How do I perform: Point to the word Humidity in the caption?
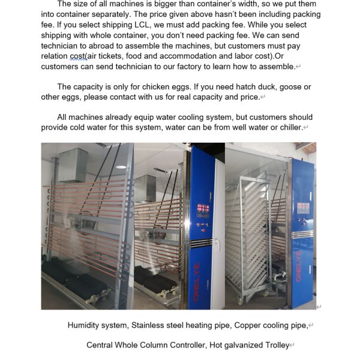[x=86, y=325]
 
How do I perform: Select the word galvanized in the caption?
[x=238, y=345]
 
